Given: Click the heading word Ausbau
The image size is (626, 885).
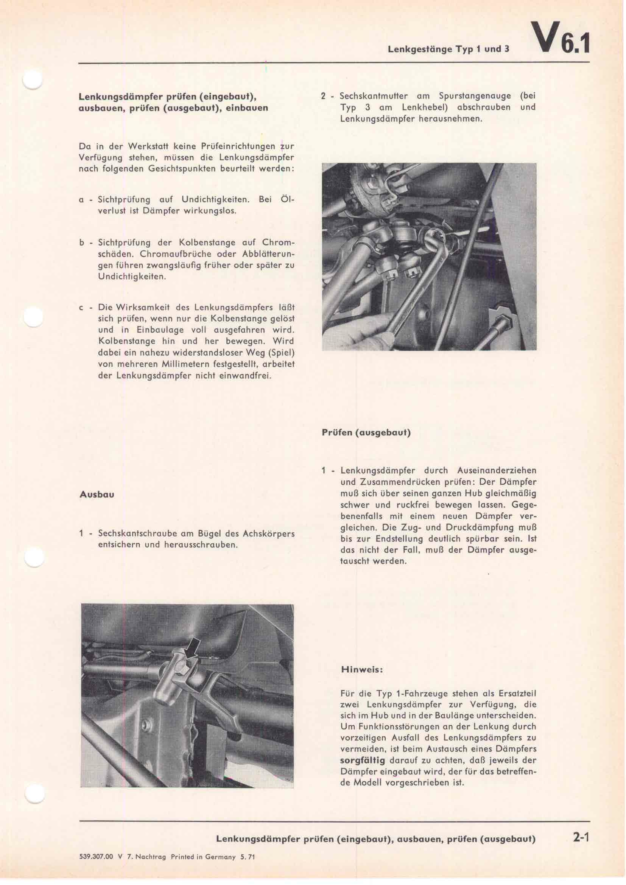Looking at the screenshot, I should pos(97,495).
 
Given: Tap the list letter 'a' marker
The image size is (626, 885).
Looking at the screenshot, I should pos(81,200).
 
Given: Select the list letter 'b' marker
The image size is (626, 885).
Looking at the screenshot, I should pos(81,243).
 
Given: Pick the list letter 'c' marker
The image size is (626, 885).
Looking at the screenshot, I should pos(81,308).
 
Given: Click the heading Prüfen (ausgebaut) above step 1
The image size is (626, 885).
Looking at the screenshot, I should pos(366,432).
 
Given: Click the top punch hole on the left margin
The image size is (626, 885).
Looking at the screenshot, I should pos(33,80).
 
